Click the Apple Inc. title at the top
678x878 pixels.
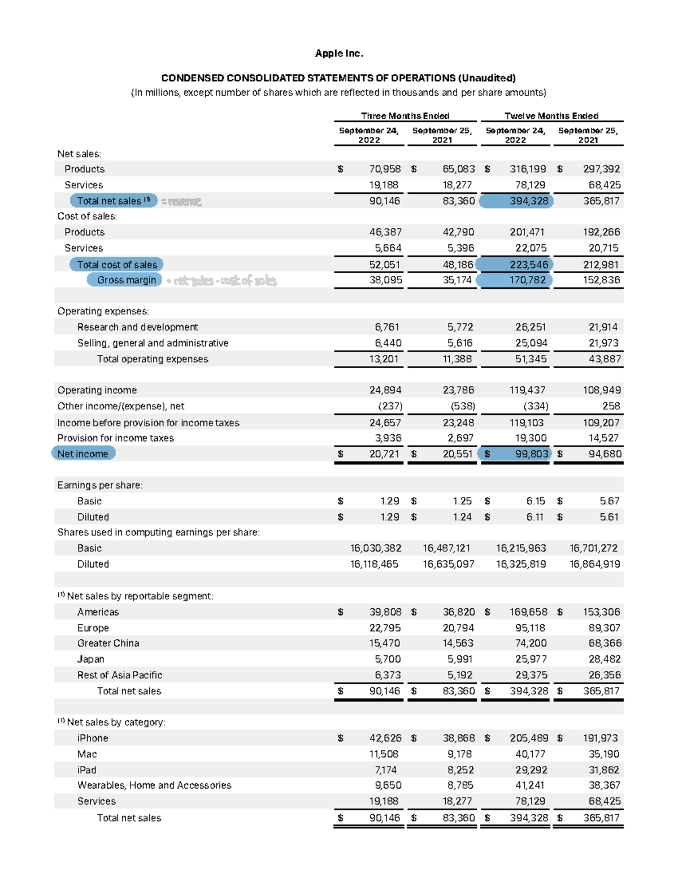[x=339, y=53]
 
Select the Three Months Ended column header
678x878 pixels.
[x=405, y=116]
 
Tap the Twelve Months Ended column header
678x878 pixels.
[x=551, y=116]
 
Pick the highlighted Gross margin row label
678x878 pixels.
[x=126, y=280]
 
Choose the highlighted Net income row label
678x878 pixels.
[x=82, y=453]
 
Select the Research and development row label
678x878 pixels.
[x=137, y=327]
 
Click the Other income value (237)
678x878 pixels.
[x=390, y=406]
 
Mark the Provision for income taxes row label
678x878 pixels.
[x=115, y=438]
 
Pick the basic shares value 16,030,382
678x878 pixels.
[x=376, y=548]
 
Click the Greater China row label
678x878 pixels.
[x=108, y=643]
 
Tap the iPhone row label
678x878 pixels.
[x=93, y=738]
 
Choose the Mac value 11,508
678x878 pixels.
[x=384, y=754]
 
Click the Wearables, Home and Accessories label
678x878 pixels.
[x=154, y=785]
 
